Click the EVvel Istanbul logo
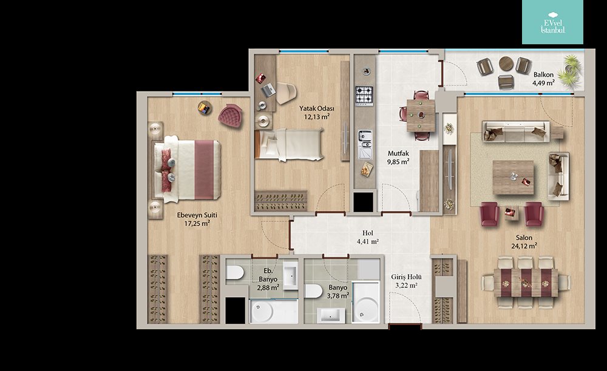tap(552, 22)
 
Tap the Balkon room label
tap(543, 75)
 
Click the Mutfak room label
tap(398, 153)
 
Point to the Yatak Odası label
tap(317, 109)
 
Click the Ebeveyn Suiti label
tap(197, 215)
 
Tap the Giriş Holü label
tap(406, 277)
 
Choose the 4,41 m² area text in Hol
tap(368, 241)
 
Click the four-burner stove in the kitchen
tap(364, 95)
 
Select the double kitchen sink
tap(365, 144)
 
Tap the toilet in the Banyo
tap(314, 291)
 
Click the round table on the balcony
tap(506, 64)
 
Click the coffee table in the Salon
tap(513, 178)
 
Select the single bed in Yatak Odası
tap(289, 145)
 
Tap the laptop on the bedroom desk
tap(268, 90)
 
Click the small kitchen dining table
tap(421, 116)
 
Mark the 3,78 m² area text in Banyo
tap(338, 296)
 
